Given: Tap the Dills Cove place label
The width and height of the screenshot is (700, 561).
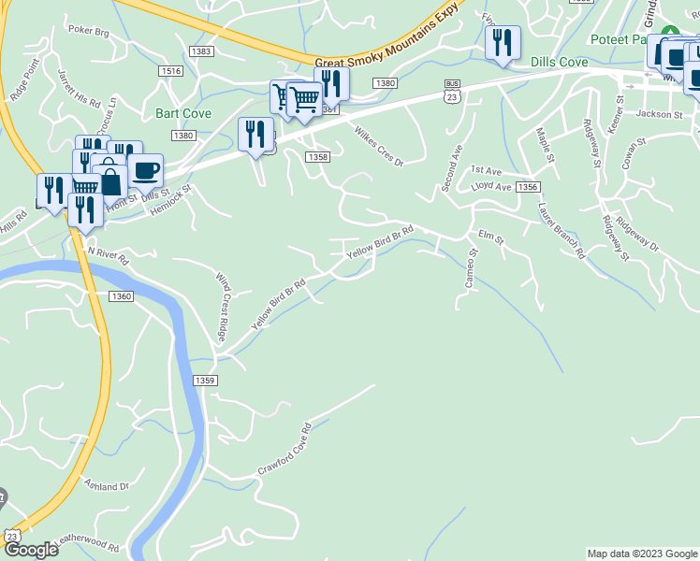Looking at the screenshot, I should coord(559,62).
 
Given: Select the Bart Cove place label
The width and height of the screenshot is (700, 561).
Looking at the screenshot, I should coord(182,113).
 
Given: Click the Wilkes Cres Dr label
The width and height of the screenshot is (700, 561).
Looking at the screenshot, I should coord(378,147).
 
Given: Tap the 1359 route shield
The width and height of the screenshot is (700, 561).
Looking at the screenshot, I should coord(206,381).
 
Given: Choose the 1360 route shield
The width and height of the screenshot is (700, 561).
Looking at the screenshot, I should coord(123,296).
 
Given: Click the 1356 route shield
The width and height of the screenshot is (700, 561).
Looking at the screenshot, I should coord(527,187).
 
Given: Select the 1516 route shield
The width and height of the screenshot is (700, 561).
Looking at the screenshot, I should coord(170,71).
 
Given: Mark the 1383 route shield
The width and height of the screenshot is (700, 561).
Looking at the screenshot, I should coord(198,50).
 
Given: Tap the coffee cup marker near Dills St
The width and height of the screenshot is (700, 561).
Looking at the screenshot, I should coord(145,169).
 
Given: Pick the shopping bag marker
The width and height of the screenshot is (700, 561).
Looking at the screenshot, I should coord(110,180).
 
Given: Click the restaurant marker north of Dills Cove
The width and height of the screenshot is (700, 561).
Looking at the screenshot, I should coord(503,42).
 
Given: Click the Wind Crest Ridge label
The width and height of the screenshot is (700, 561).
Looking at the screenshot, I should coord(222,306).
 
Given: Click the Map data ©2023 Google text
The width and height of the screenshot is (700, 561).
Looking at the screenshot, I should coord(642,554).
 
